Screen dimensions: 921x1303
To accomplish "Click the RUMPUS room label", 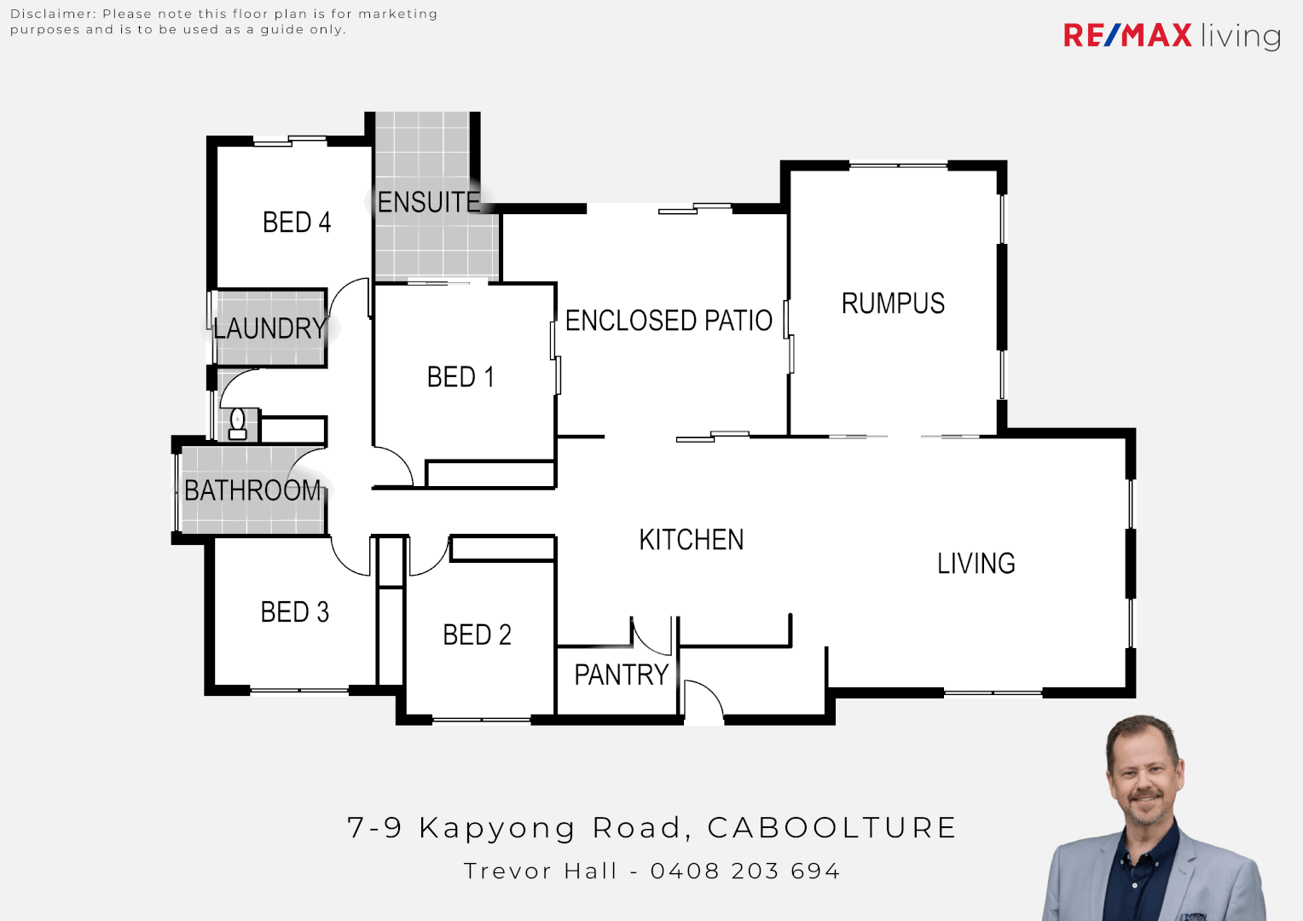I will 893,304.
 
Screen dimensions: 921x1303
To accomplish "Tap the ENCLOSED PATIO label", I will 669,321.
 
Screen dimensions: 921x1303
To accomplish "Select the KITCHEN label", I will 692,540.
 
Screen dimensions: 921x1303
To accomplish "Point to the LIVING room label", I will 976,564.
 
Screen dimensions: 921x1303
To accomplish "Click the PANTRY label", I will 621,675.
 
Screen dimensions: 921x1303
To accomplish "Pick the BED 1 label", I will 460,377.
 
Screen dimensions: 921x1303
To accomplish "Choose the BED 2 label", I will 477,635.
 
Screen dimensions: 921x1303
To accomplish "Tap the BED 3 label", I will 294,612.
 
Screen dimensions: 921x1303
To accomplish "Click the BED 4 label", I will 296,223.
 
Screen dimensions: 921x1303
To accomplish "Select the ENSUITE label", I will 429,202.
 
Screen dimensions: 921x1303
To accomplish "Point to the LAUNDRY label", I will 269,328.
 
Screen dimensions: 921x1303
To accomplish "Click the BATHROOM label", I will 252,490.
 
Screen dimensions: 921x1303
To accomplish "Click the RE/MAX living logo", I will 1172,36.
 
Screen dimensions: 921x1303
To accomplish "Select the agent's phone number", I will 745,871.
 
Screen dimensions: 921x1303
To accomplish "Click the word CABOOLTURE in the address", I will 831,827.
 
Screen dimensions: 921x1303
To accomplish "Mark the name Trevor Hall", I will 540,871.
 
